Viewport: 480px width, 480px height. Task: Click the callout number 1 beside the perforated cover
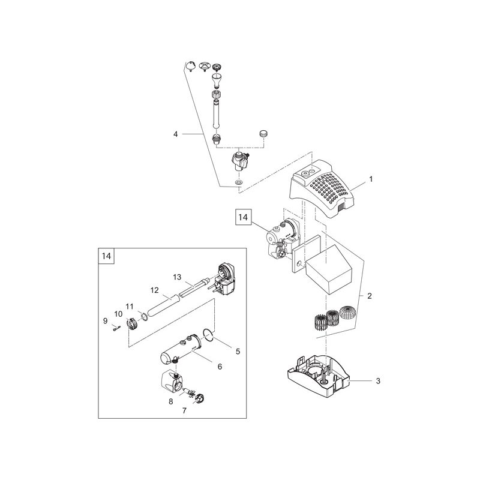[x=371, y=179]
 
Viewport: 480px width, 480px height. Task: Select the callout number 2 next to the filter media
[x=370, y=296]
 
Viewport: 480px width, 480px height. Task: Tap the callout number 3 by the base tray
[x=378, y=381]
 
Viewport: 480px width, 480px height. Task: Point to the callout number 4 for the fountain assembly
[x=175, y=134]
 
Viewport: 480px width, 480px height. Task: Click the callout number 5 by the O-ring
[x=238, y=352]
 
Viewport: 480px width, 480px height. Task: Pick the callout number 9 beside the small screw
[x=106, y=321]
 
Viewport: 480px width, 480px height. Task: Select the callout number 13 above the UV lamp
[x=177, y=277]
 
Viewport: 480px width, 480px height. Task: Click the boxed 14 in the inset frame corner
[x=106, y=256]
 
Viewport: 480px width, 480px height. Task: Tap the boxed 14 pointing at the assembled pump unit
[x=243, y=217]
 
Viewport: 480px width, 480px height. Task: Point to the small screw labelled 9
[x=116, y=328]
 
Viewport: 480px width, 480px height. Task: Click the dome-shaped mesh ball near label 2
[x=348, y=313]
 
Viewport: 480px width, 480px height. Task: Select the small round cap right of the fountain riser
[x=263, y=133]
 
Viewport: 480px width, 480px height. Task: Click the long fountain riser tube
[x=217, y=112]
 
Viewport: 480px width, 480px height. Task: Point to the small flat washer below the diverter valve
[x=238, y=183]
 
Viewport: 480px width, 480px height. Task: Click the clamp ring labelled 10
[x=132, y=324]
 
